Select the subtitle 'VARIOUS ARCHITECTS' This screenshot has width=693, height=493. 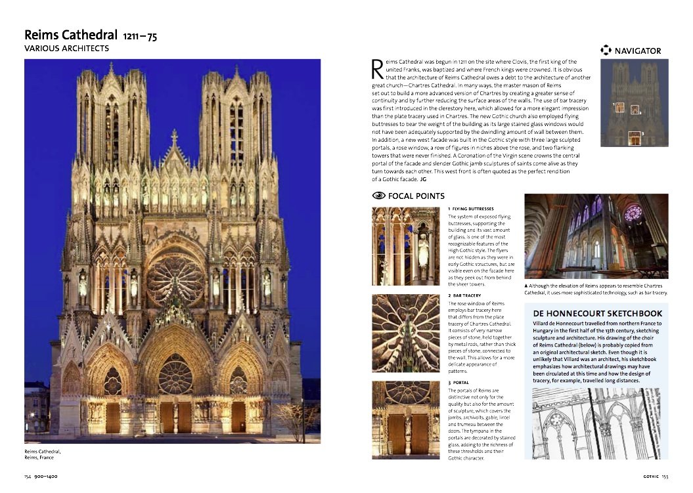66,49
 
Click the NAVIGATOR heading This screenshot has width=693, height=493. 637,51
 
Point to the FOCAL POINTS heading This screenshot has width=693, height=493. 416,196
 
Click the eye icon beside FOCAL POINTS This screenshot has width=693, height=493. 378,196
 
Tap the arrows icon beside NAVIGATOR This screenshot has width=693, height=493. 606,51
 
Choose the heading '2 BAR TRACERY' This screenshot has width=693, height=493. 464,296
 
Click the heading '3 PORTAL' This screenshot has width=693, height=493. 458,382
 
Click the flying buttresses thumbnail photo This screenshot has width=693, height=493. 405,246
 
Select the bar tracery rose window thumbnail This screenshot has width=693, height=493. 405,333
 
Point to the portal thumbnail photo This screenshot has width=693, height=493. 405,418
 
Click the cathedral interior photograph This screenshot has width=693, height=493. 596,236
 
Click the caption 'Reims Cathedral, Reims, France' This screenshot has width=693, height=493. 43,454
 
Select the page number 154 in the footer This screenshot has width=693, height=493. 28,476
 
